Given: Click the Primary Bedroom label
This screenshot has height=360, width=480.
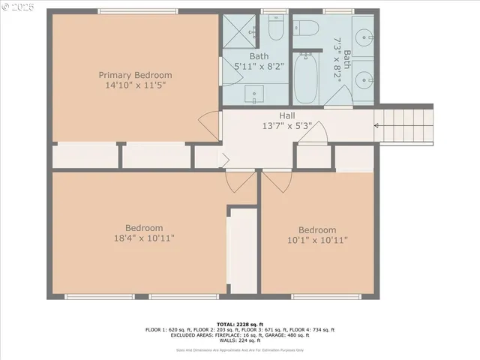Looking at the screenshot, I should coord(136,75).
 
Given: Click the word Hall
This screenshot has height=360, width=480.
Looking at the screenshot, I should coord(287,115).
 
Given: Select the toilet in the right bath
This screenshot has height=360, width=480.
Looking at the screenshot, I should coord(307,29).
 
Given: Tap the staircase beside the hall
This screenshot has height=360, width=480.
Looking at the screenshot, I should coord(403,123).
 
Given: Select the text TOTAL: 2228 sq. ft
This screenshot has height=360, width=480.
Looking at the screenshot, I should coord(240,319).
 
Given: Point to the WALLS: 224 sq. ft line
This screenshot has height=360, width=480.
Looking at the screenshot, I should coord(240,341).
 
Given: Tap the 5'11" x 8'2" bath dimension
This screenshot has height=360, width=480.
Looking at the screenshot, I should coord(259,66).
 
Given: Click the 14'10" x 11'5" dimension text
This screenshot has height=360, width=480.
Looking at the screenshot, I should coord(136,85).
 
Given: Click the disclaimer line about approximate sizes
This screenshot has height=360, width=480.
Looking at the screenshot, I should coord(240,349).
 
